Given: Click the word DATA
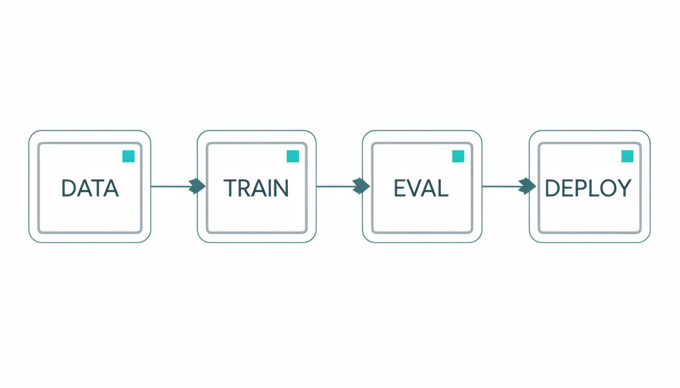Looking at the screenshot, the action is pyautogui.click(x=90, y=188).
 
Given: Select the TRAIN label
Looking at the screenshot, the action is pyautogui.click(x=256, y=188).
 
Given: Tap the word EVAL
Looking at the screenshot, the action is pyautogui.click(x=421, y=188).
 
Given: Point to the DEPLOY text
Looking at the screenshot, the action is pyautogui.click(x=588, y=188).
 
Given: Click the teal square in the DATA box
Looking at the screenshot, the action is pyautogui.click(x=129, y=157).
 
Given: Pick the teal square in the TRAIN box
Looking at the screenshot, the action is pyautogui.click(x=293, y=157).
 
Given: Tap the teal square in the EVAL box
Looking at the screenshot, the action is pyautogui.click(x=458, y=157).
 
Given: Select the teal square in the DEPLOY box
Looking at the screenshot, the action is pyautogui.click(x=627, y=157).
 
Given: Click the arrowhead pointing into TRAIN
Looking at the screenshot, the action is pyautogui.click(x=197, y=186).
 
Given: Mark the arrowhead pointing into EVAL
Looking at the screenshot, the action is pyautogui.click(x=361, y=186).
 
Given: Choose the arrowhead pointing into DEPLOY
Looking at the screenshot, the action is pyautogui.click(x=527, y=186).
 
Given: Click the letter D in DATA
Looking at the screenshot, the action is pyautogui.click(x=68, y=188).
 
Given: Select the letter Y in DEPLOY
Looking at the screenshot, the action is pyautogui.click(x=624, y=188).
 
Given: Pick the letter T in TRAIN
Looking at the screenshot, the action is pyautogui.click(x=230, y=188).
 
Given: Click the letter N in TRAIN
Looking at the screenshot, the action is pyautogui.click(x=281, y=188).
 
